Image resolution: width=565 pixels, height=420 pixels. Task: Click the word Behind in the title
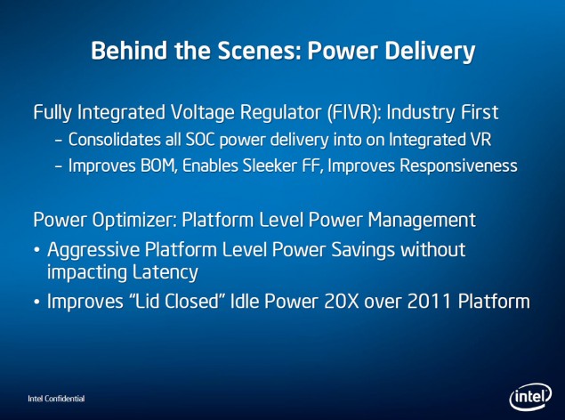point(129,50)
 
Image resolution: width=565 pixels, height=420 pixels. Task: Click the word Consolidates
point(115,140)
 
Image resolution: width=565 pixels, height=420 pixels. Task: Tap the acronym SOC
point(200,140)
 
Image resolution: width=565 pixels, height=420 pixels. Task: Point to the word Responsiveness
point(459,166)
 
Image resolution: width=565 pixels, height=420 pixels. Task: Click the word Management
point(422,220)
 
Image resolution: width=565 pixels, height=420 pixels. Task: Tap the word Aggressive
point(93,250)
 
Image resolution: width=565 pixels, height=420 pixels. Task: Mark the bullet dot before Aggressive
point(36,250)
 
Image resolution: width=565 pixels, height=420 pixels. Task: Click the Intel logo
point(530,397)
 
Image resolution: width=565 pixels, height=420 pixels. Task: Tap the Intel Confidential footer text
point(56,399)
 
